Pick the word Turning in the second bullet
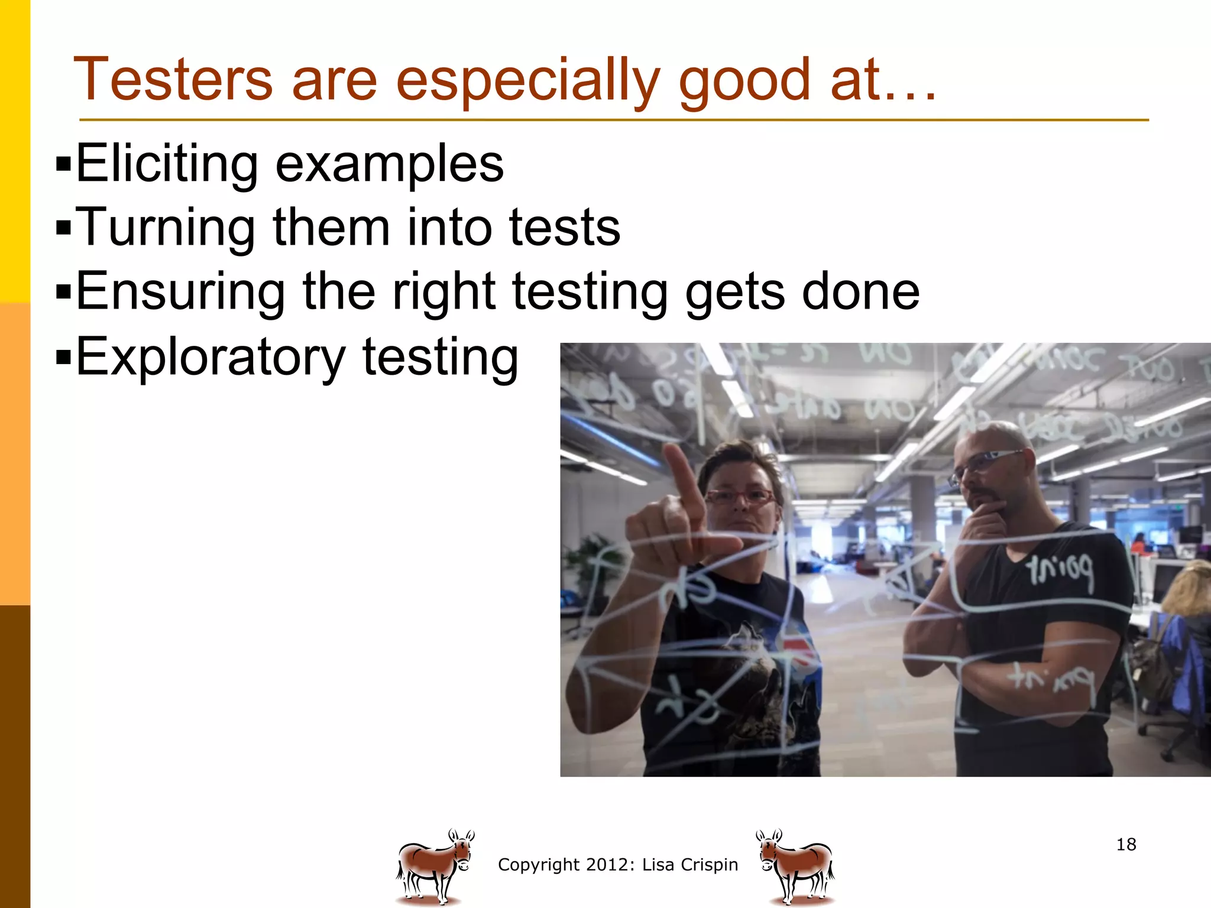166,228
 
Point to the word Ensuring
180,291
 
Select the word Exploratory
211,356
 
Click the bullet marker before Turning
63,227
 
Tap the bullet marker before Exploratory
63,356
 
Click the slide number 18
1126,844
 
